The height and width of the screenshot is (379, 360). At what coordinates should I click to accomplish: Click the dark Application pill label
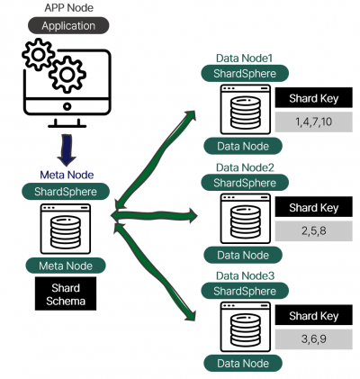click(x=68, y=25)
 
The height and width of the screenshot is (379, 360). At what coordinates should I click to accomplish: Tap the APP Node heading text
click(x=68, y=7)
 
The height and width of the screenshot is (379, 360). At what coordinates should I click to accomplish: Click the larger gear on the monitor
click(x=67, y=74)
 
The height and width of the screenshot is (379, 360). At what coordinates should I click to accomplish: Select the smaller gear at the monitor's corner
click(x=39, y=55)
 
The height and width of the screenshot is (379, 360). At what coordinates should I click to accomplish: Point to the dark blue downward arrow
click(x=67, y=150)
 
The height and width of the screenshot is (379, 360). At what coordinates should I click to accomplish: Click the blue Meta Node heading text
click(x=67, y=175)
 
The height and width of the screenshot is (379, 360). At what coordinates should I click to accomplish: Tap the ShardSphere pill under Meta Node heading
click(x=66, y=192)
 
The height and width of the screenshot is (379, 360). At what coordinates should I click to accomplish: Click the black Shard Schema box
click(x=66, y=293)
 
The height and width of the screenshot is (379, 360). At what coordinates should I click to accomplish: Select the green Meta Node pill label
click(x=66, y=266)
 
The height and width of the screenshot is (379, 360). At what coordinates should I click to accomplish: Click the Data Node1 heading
click(x=244, y=59)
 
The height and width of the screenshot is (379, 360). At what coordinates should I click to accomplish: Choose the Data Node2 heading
click(x=245, y=167)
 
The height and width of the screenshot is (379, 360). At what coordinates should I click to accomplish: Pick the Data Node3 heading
click(x=245, y=275)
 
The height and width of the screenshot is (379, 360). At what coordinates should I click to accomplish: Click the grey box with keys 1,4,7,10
click(x=313, y=122)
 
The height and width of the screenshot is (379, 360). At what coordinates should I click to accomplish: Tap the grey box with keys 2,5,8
click(x=313, y=231)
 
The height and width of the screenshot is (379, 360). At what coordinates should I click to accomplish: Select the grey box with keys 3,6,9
click(x=313, y=339)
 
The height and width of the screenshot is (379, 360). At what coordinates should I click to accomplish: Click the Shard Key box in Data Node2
click(x=313, y=207)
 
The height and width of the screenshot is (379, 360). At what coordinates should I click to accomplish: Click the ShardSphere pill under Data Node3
click(x=245, y=291)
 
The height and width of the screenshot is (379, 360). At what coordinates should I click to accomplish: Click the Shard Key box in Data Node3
click(x=313, y=315)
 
